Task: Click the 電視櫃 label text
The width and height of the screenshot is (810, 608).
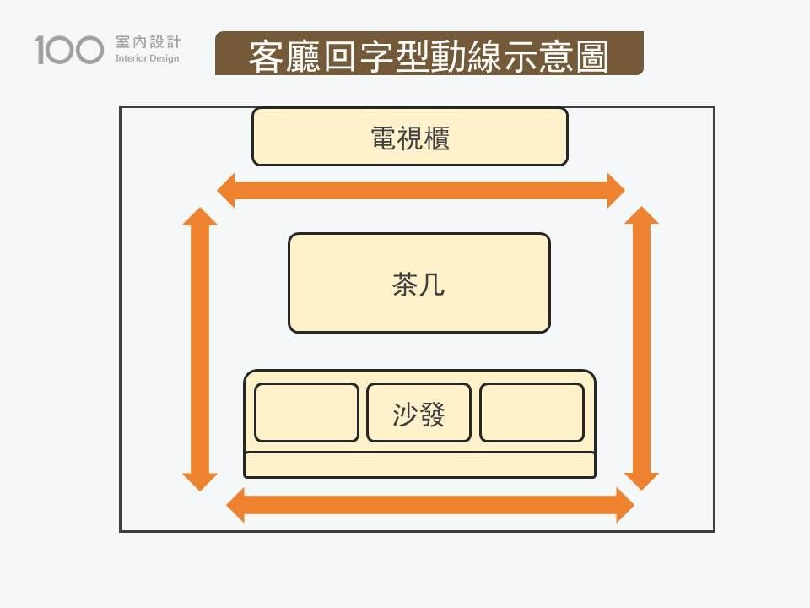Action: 410,138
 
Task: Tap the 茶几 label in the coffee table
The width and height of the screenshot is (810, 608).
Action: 418,285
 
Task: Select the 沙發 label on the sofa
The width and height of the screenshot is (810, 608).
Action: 418,414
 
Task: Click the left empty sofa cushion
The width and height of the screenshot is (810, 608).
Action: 306,412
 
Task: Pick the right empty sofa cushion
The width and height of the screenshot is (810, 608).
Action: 532,412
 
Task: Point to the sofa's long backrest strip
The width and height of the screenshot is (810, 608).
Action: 419,464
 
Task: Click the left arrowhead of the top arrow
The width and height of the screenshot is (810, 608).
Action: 226,190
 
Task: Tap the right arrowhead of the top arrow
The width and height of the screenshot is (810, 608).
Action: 615,190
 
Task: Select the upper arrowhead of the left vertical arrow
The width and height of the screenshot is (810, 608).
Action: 200,216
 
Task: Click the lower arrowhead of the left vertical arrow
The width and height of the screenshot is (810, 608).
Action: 200,481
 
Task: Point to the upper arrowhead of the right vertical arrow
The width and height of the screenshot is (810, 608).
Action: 641,215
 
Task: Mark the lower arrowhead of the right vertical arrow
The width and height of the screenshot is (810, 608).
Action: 641,480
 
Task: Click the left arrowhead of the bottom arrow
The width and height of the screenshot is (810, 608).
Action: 236,505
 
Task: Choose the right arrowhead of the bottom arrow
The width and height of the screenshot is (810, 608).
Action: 624,505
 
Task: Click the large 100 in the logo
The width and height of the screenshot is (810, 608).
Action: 69,50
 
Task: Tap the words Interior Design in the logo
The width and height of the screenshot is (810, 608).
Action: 147,59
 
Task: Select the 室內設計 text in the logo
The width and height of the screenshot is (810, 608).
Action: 147,42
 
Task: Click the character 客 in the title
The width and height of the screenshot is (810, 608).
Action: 264,56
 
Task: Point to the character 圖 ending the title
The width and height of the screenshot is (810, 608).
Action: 593,56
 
